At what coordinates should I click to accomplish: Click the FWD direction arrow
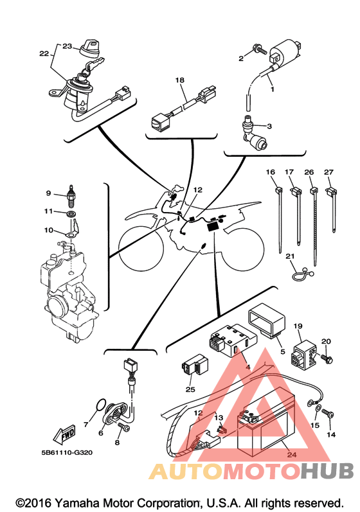[65, 434]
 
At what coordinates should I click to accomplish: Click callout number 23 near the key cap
[67, 46]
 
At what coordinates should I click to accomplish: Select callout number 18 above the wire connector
[179, 80]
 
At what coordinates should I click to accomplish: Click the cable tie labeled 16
[279, 219]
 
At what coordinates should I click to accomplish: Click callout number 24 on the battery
[292, 454]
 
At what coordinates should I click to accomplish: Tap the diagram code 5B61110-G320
[67, 452]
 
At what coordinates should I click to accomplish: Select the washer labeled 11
[71, 214]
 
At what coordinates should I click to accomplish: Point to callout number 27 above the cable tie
[328, 172]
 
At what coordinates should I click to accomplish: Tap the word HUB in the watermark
[327, 471]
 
